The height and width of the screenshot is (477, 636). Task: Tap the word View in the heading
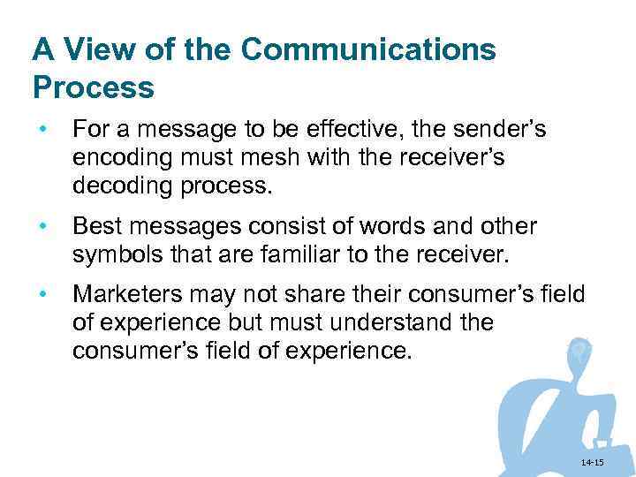pos(96,49)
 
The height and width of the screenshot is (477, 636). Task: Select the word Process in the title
pos(93,88)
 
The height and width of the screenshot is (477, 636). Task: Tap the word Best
pos(95,227)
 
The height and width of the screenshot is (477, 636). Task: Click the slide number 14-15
pos(592,463)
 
